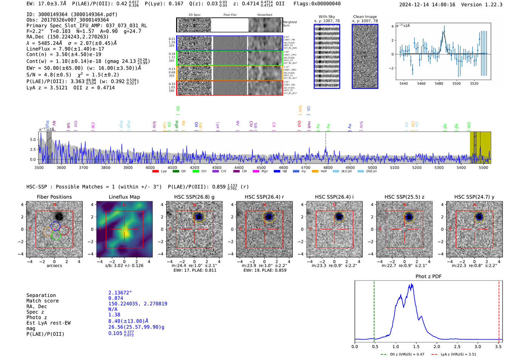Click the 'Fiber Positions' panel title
pyautogui.click(x=54, y=197)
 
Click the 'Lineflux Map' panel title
pyautogui.click(x=124, y=197)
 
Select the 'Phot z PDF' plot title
pyautogui.click(x=428, y=277)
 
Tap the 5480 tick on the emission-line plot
pyautogui.click(x=439, y=83)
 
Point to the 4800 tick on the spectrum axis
pyautogui.click(x=328, y=168)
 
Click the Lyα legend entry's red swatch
pyautogui.click(x=155, y=172)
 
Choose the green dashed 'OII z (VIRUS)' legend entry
pyautogui.click(x=402, y=354)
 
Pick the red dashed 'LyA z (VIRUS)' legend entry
pyautogui.click(x=453, y=354)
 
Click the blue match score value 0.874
pyautogui.click(x=116, y=298)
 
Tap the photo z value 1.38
pyautogui.click(x=114, y=315)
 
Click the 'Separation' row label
pyautogui.click(x=41, y=295)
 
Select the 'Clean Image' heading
pyautogui.click(x=365, y=17)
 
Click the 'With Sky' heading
pyautogui.click(x=326, y=17)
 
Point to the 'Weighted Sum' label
pyautogui.click(x=289, y=24)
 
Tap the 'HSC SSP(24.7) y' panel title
pyautogui.click(x=474, y=197)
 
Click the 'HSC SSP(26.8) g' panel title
pyautogui.click(x=194, y=197)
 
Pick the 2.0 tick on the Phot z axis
pyautogui.click(x=437, y=346)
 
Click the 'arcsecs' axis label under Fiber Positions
pyautogui.click(x=54, y=266)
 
